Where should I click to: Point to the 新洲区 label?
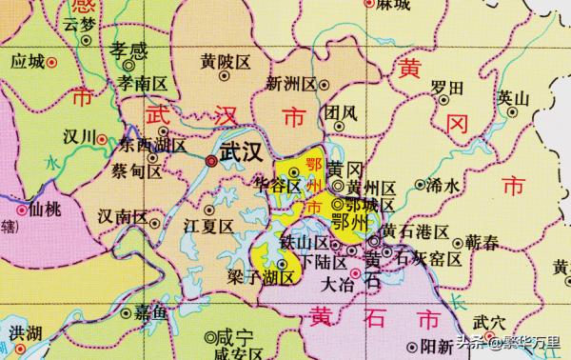click(x=291, y=84)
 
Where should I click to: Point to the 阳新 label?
click(x=437, y=347)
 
